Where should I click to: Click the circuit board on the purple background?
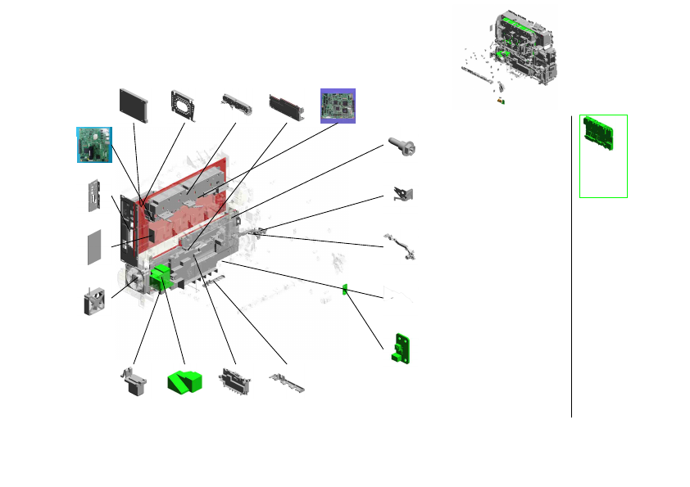[x=338, y=106]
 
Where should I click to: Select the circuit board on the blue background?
[x=93, y=143]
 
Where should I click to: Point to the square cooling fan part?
[x=95, y=301]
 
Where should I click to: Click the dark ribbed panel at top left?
[x=134, y=105]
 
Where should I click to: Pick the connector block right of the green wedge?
[x=234, y=382]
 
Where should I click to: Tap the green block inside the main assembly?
[x=162, y=277]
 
